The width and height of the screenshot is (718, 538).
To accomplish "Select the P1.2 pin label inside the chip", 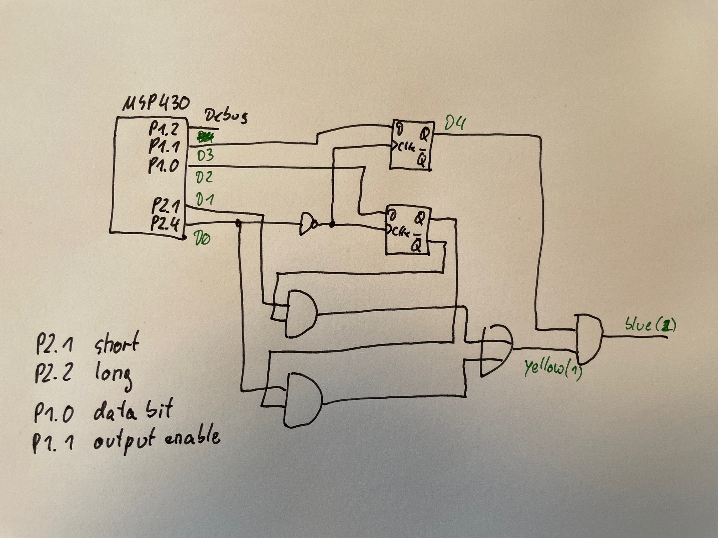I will click(164, 129).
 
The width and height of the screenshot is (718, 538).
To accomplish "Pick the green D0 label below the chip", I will click(201, 237).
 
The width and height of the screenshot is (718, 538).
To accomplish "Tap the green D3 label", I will click(205, 155).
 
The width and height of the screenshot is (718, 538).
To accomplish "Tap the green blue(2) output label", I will click(650, 325).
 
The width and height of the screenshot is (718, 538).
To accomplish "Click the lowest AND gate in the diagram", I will click(303, 400).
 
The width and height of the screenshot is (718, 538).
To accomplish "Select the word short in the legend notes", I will click(116, 343).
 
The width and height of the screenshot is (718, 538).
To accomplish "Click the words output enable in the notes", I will click(157, 439).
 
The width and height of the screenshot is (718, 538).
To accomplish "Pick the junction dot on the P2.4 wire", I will click(239, 223).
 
